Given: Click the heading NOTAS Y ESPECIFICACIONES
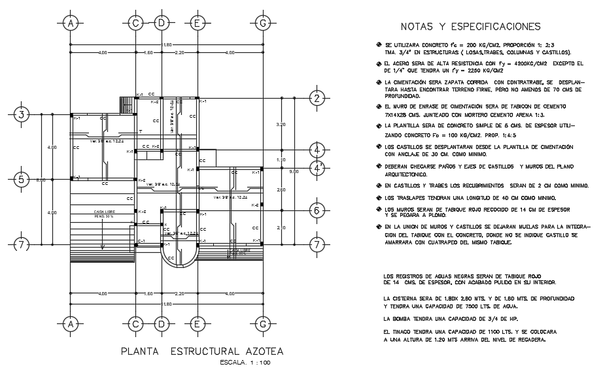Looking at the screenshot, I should (x=470, y=27).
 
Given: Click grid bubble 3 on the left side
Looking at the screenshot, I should (x=22, y=114).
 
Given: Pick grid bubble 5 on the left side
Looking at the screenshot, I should (x=22, y=179).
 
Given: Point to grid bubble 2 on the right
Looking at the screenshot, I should (x=317, y=99).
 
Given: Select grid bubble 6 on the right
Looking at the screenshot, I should (x=317, y=211).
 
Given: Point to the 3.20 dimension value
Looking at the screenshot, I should (x=282, y=123).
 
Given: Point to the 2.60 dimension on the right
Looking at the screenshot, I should (x=282, y=189).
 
